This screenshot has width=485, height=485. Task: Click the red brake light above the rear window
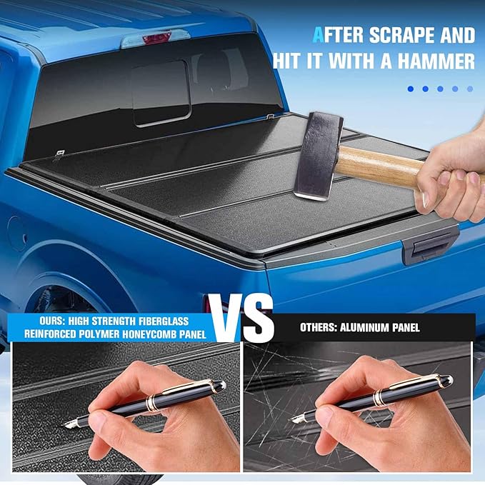[x=158, y=38]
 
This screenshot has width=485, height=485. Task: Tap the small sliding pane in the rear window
[x=161, y=93]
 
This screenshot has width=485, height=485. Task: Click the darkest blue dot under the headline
[x=411, y=89]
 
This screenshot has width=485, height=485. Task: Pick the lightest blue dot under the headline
[x=470, y=89]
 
